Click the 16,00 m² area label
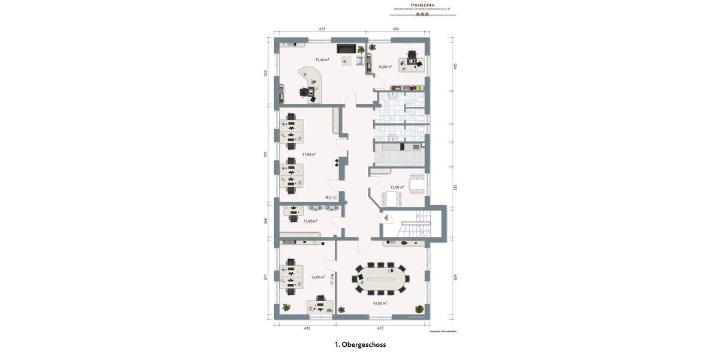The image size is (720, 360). tap(385, 67)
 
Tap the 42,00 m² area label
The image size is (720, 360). tap(380, 303)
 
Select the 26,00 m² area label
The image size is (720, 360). tap(318, 277)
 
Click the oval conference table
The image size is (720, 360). tap(381, 278)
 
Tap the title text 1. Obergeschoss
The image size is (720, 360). tap(360, 344)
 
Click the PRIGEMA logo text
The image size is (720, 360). tap(422, 5)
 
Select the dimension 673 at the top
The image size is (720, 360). tap(322, 29)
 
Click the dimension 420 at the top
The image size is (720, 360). tap(396, 29)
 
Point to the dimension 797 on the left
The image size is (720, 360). tap(266, 154)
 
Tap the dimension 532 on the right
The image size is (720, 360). tap(455, 187)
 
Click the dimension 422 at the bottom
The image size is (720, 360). tap(307, 328)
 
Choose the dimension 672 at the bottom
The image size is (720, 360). tap(380, 328)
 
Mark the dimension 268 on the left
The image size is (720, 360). tap(266, 221)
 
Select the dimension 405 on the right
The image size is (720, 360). tap(455, 66)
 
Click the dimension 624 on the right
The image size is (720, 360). tap(455, 277)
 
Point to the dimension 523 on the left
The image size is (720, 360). tap(266, 73)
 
